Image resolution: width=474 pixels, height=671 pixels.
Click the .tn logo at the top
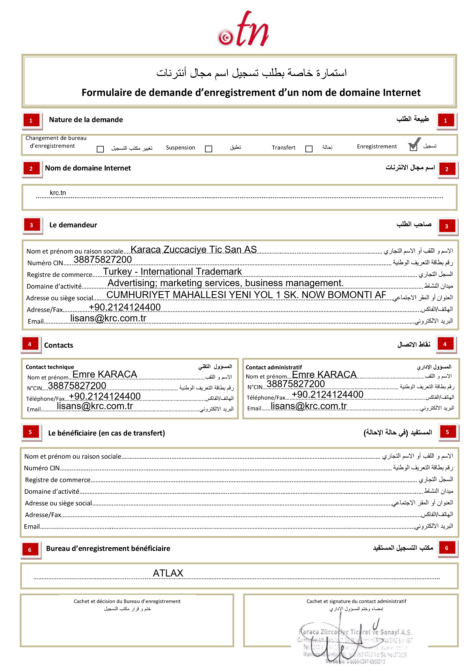243,29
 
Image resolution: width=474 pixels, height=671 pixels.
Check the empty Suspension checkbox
208,149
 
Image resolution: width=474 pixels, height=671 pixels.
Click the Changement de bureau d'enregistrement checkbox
100,149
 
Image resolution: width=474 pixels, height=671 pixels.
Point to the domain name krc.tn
58,193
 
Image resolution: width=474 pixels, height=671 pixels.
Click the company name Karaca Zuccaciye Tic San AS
193,249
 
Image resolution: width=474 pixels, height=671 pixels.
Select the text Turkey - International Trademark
172,271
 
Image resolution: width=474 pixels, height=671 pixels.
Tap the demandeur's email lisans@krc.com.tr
108,318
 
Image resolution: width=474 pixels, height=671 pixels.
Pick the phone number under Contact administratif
327,394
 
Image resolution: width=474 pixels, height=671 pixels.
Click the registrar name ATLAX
168,573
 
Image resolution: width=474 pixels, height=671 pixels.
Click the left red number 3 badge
31,225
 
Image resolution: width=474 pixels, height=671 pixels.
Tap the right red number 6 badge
446,548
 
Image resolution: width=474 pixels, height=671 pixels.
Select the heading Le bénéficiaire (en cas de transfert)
106,433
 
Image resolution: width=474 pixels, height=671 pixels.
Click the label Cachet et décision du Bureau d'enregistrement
127,601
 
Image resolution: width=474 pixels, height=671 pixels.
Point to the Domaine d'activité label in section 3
54,286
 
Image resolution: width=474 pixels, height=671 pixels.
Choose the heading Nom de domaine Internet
88,168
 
